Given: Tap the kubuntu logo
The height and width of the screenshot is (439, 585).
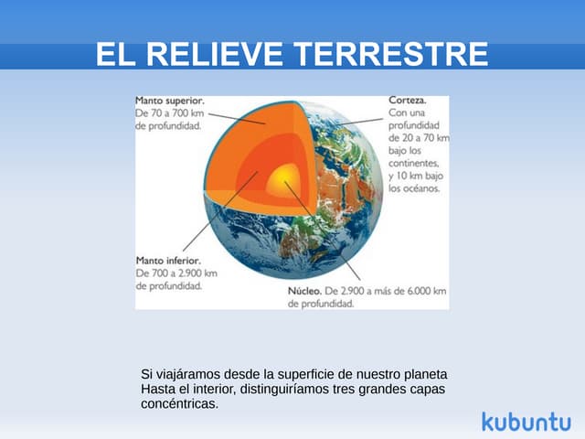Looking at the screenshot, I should tap(525, 421).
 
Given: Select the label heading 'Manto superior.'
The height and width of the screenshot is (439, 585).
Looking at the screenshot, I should tap(169, 101).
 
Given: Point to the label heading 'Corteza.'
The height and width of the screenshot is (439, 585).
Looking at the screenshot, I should tap(407, 100).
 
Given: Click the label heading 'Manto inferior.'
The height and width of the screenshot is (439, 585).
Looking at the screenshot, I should tap(166, 259).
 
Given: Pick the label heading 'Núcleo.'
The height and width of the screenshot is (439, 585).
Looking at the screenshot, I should tap(303, 291).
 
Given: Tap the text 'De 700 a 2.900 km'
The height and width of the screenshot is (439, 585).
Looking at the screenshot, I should tap(175, 272).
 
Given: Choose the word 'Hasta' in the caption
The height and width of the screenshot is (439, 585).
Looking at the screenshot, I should tap(157, 389).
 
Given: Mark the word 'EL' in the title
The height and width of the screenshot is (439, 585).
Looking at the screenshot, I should tap(115, 54).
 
